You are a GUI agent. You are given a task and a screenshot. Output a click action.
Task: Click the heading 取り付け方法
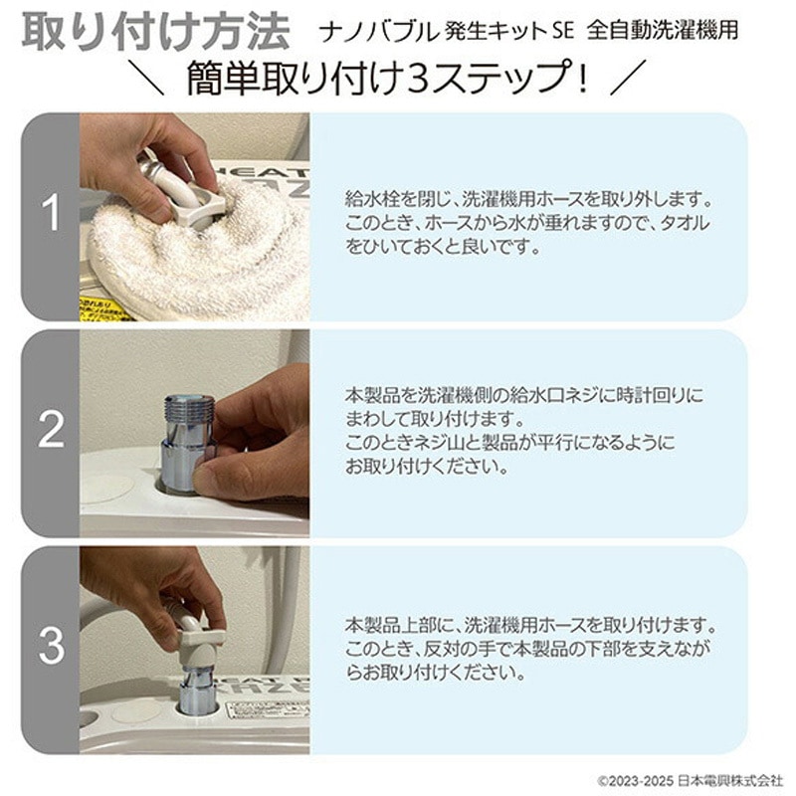[155, 31]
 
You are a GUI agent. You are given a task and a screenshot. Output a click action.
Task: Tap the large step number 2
[50, 430]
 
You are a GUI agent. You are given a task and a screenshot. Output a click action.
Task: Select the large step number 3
[50, 647]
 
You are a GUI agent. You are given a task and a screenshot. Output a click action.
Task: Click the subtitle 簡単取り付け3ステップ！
[389, 79]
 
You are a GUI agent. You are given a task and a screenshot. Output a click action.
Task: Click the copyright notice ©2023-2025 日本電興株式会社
[690, 779]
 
